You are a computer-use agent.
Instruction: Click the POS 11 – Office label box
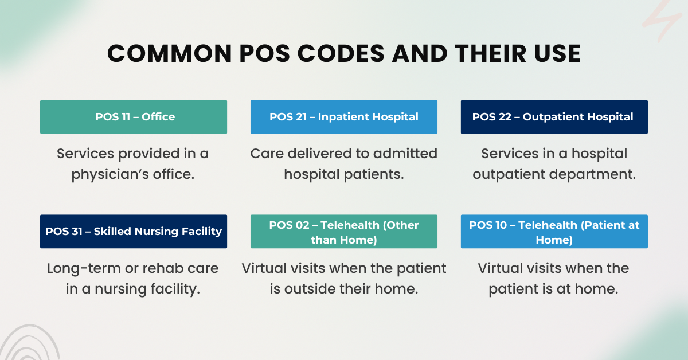tap(134, 117)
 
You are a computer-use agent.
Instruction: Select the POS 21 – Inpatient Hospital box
tap(344, 117)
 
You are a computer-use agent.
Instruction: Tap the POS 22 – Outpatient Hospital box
tap(554, 117)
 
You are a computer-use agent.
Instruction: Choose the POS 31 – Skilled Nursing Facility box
tap(134, 232)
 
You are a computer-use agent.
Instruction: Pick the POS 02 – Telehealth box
tap(344, 232)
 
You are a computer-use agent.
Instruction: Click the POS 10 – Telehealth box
tap(554, 232)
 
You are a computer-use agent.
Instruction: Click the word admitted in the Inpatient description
tap(405, 154)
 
